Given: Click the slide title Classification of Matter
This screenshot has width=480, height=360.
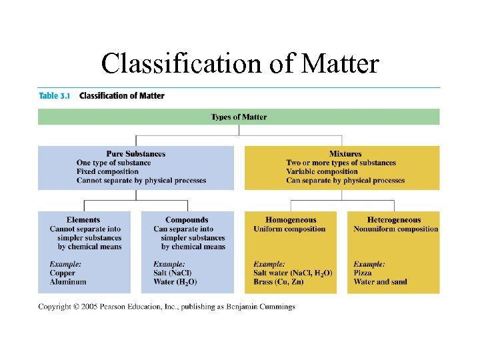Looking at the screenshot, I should [240, 64].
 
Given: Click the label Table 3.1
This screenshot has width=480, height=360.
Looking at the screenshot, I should [55, 95].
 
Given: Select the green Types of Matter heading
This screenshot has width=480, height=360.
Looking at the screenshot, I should [239, 117].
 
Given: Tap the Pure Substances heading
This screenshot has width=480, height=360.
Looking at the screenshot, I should [136, 154].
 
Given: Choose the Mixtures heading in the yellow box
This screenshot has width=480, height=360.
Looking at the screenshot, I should [345, 154].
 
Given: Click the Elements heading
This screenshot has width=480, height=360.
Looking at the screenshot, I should [83, 220].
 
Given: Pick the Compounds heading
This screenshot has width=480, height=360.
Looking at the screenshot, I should [187, 220].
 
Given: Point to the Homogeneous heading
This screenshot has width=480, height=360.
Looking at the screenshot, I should [291, 220].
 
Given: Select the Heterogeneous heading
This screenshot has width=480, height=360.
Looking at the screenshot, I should [394, 220].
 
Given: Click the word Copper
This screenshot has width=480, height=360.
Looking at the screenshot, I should [63, 273].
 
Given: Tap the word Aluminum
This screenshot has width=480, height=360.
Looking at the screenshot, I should [68, 281].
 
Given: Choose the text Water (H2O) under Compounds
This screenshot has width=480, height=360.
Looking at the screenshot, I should [175, 281].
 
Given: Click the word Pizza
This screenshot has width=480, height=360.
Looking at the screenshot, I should [363, 273].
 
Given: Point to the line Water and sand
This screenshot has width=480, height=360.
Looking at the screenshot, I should [380, 281].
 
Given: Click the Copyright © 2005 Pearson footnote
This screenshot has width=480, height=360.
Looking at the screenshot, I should [167, 307].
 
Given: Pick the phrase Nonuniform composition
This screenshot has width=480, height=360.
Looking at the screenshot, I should [396, 229].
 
